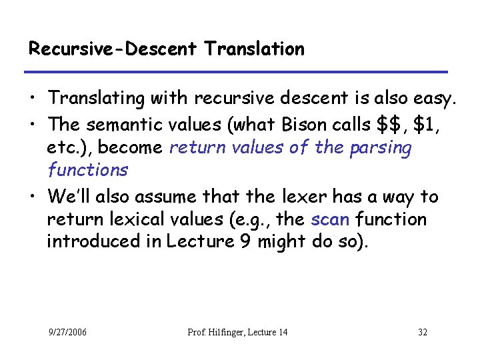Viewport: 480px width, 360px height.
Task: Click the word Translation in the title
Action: click(255, 49)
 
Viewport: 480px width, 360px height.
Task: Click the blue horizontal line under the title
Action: click(237, 71)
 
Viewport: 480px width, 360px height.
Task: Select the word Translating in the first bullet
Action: click(97, 99)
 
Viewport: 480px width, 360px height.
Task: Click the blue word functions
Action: click(87, 170)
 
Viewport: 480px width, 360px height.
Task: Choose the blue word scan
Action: click(330, 219)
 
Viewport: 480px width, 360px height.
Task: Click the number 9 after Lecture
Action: click(246, 241)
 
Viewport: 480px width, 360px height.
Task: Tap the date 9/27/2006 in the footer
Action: click(67, 332)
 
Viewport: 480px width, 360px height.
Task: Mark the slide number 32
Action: click(423, 332)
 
